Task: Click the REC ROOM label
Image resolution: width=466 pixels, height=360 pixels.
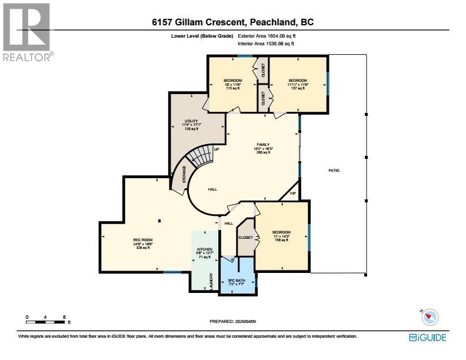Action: coord(142,240)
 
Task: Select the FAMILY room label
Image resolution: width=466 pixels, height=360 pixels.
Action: coord(262,144)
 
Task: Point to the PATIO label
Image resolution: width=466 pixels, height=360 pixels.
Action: coord(334,171)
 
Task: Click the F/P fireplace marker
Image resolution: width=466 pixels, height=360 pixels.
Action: coord(292,194)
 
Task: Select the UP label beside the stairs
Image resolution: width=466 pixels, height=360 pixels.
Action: coord(217,149)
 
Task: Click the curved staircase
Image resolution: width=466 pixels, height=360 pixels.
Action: coord(199,158)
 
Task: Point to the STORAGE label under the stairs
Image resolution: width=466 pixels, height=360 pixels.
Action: coord(184,176)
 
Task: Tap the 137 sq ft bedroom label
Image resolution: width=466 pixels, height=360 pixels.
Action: coord(298,80)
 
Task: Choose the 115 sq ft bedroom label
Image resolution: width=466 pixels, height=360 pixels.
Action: coord(233,80)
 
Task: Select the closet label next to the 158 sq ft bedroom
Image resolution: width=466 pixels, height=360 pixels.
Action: coord(245,238)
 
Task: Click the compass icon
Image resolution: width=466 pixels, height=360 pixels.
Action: coord(431,316)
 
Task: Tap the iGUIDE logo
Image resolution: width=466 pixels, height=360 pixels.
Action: coord(428,338)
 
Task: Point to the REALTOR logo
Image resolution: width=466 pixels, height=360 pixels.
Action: coord(27,32)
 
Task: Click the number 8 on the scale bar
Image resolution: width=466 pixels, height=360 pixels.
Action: coord(64,317)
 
